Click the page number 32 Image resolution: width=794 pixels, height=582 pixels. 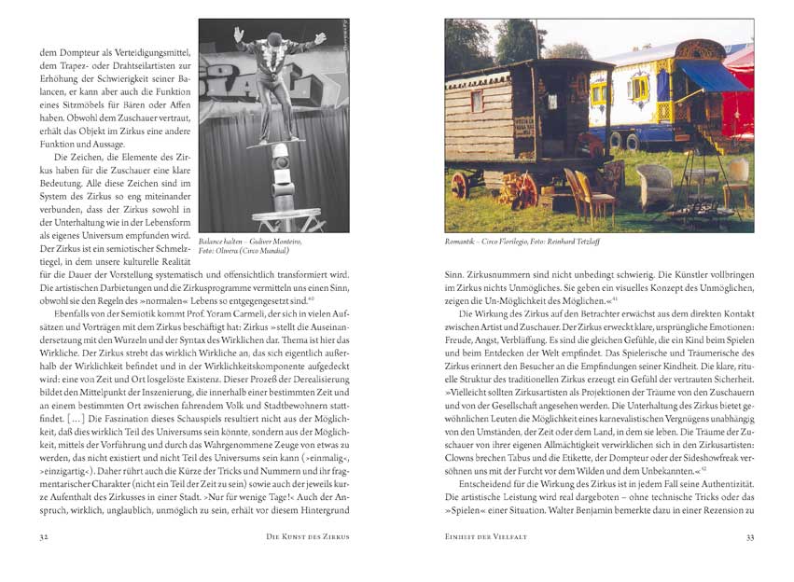pyautogui.click(x=43, y=538)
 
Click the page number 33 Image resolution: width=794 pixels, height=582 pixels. pyautogui.click(x=750, y=538)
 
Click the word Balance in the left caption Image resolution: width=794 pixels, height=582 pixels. pyautogui.click(x=215, y=242)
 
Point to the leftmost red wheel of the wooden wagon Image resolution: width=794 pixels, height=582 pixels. pyautogui.click(x=459, y=184)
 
